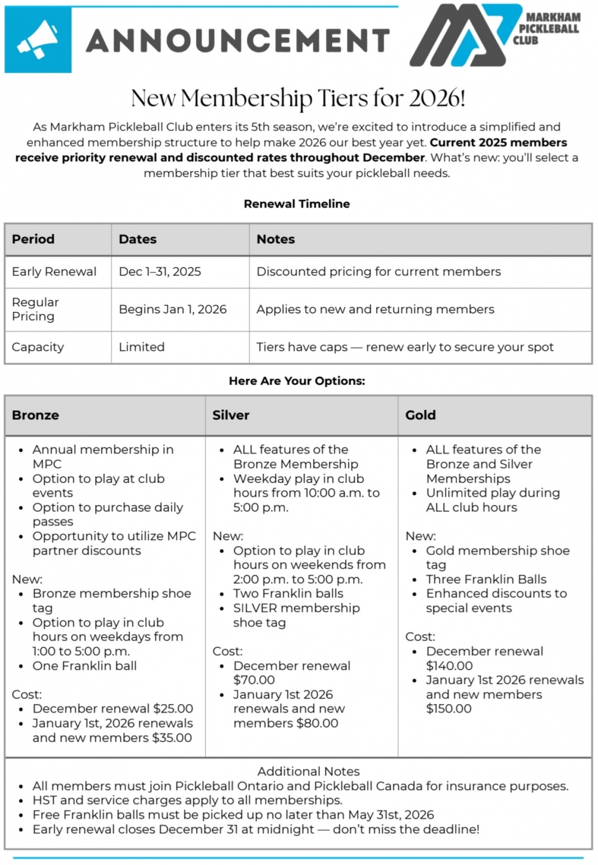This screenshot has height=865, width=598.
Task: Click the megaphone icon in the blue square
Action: coord(38,40)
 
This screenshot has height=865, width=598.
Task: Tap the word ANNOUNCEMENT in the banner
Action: coord(238,41)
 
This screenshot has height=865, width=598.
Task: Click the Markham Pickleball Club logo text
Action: coord(548,29)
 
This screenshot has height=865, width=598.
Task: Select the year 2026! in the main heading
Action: coord(437,98)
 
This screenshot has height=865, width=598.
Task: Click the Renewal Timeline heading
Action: coord(297,204)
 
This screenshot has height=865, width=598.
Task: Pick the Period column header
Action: coord(33,239)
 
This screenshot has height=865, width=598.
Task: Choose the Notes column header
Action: coord(276,239)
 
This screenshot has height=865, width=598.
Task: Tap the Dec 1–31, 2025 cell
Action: coord(160,272)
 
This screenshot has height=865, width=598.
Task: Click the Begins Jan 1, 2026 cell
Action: coord(173,309)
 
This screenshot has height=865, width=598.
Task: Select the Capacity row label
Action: coord(38,347)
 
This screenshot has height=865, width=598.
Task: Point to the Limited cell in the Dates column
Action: coord(142,347)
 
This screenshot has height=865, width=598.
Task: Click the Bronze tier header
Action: coord(35,415)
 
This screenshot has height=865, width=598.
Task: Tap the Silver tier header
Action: coord(231,415)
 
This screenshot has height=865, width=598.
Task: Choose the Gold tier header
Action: coord(420,415)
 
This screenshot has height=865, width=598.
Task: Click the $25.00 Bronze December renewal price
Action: coord(173,709)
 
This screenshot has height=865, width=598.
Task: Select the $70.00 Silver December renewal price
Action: coord(254,680)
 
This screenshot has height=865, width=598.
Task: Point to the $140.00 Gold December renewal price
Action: coord(449,666)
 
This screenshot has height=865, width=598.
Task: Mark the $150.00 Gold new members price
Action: coord(448,709)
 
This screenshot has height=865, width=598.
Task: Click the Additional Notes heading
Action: coord(309,772)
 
